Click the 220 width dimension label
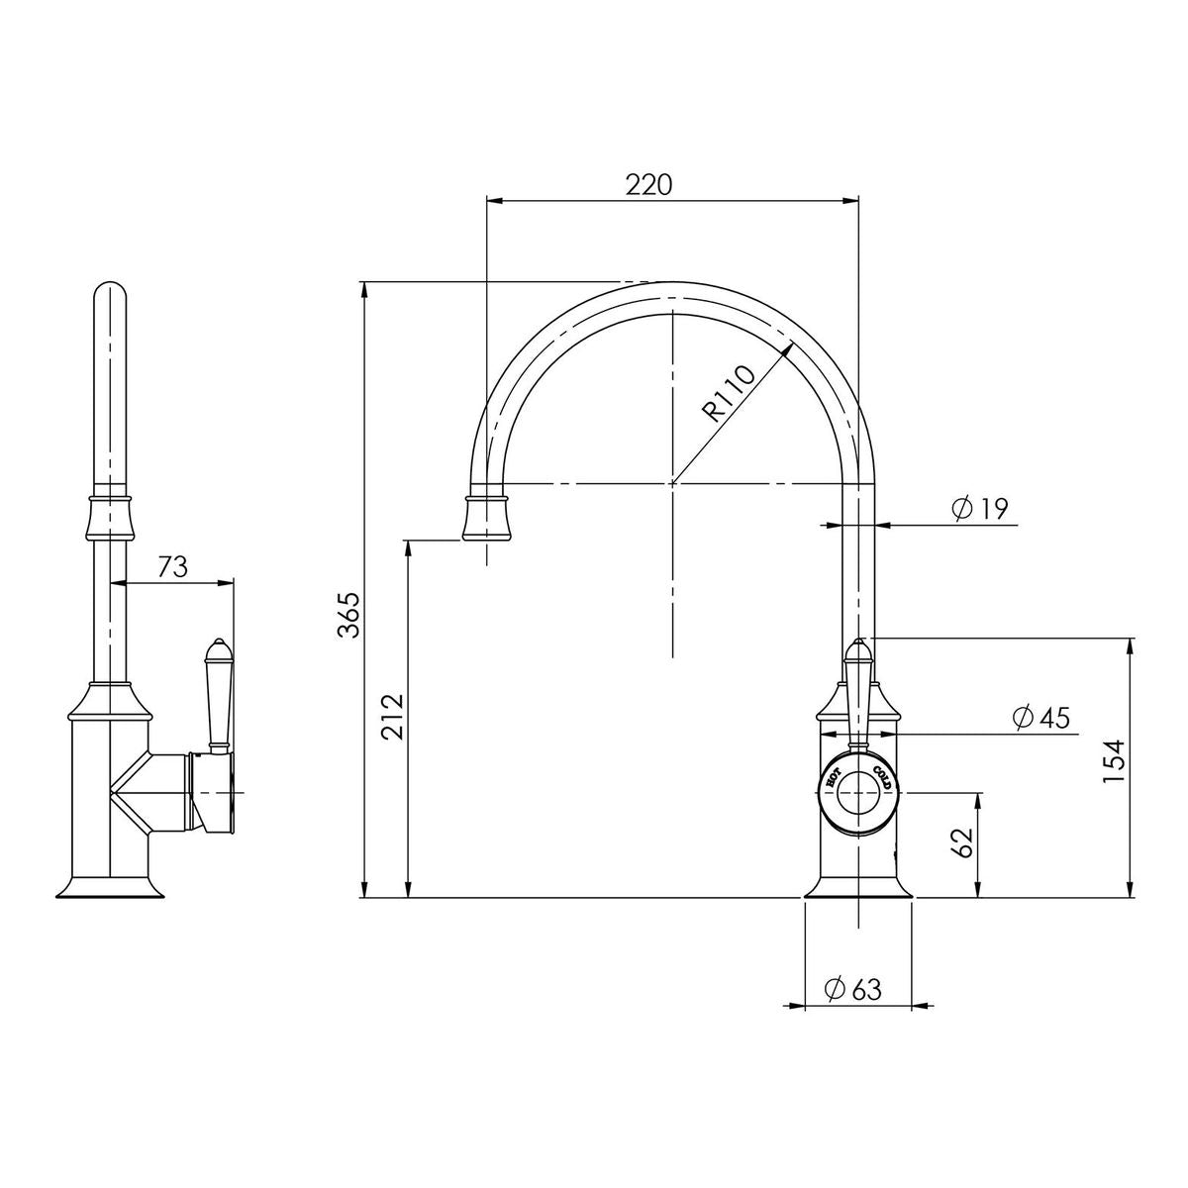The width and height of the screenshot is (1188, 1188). coord(647,184)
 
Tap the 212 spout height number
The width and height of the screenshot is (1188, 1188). coord(392,717)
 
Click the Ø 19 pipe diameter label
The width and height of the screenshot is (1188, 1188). coord(979,509)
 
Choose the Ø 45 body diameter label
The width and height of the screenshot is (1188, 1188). coord(1041,718)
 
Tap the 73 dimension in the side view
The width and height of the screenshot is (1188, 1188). coord(172,567)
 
